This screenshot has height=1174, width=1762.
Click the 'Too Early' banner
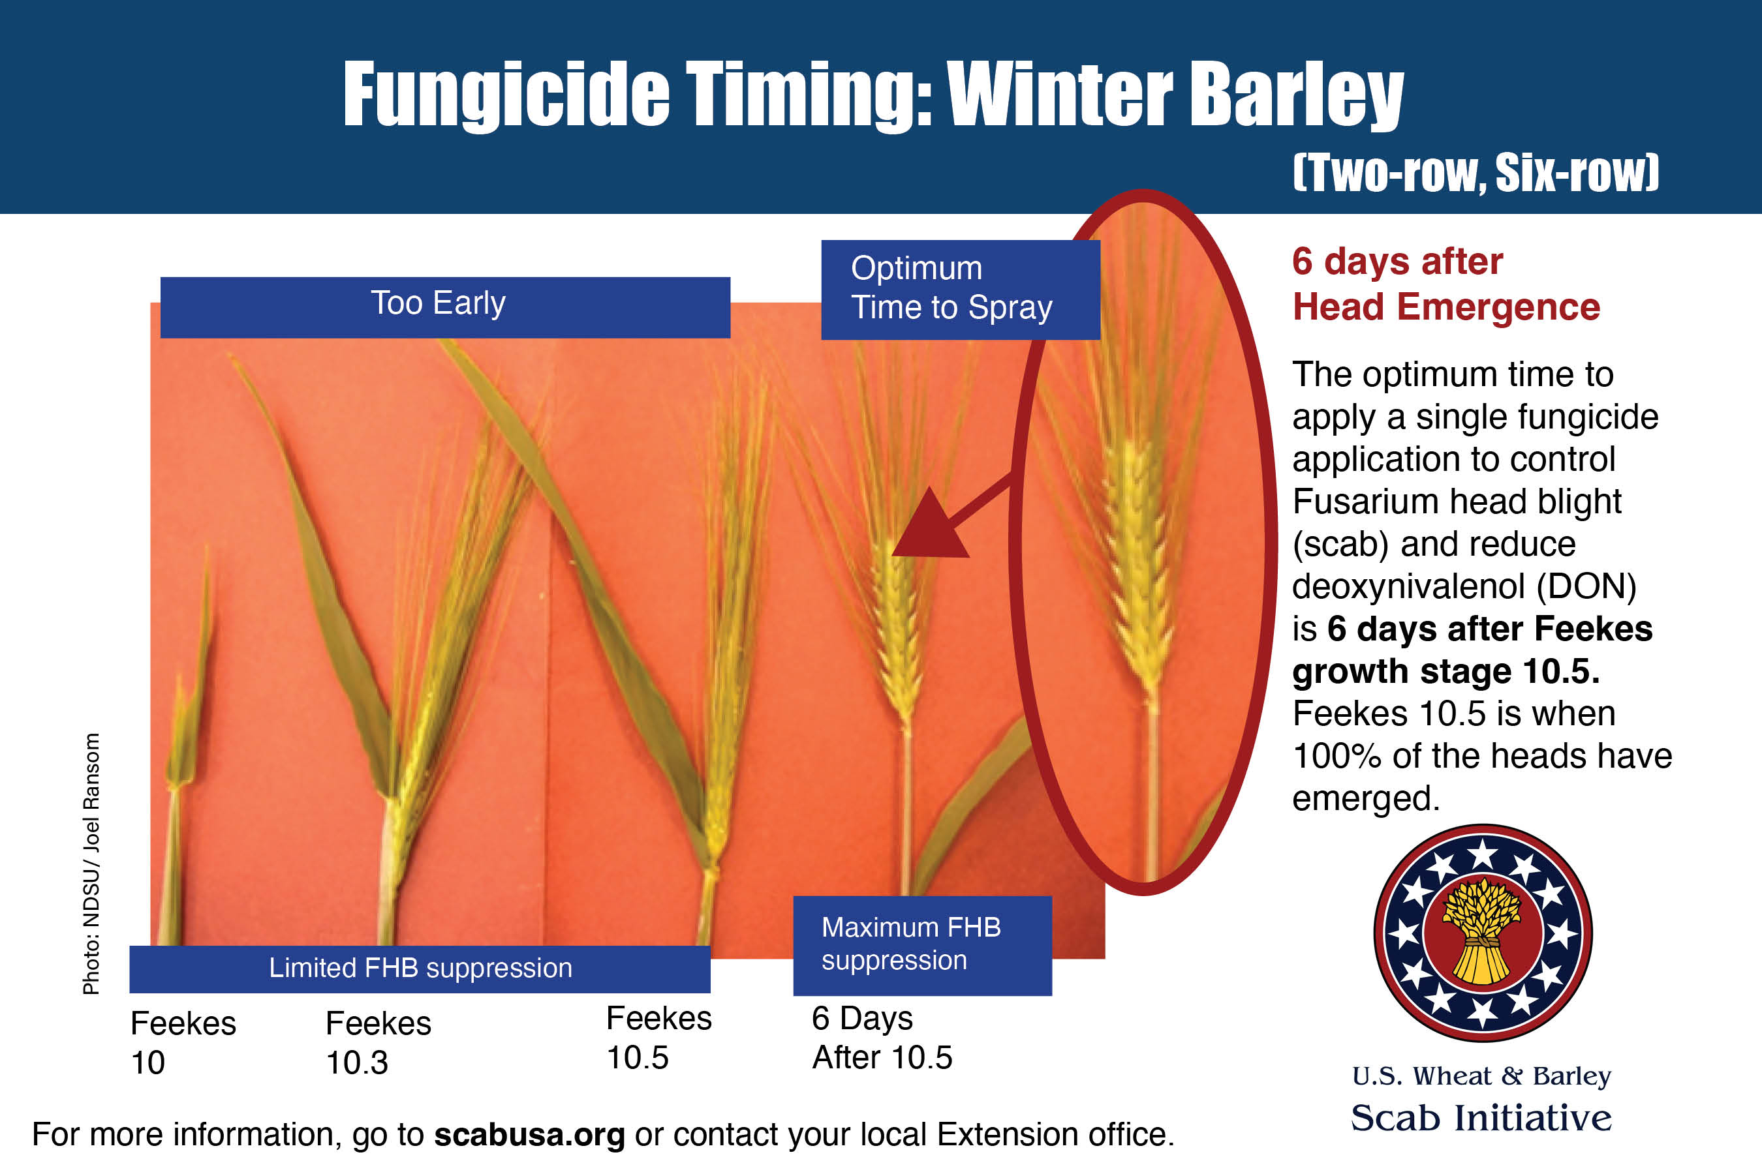pyautogui.click(x=445, y=307)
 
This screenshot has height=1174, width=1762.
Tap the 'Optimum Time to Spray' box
pyautogui.click(x=961, y=290)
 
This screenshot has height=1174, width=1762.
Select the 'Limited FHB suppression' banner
pyautogui.click(x=420, y=969)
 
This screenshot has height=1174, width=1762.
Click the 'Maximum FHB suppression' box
pyautogui.click(x=922, y=946)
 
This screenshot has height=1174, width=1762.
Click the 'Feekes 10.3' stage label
pyautogui.click(x=378, y=1043)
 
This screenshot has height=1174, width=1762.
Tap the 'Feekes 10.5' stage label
pyautogui.click(x=658, y=1038)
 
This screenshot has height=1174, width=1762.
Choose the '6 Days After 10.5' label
pyautogui.click(x=882, y=1038)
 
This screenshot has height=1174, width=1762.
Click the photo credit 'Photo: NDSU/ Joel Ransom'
pyautogui.click(x=91, y=864)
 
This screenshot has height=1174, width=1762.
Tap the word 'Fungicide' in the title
pyautogui.click(x=506, y=95)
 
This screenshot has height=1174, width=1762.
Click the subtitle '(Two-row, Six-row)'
pyautogui.click(x=1476, y=172)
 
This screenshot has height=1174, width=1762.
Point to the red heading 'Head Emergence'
pyautogui.click(x=1446, y=307)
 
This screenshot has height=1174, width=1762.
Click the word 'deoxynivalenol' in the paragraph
pyautogui.click(x=1408, y=586)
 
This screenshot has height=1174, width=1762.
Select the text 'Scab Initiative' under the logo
pyautogui.click(x=1481, y=1117)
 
